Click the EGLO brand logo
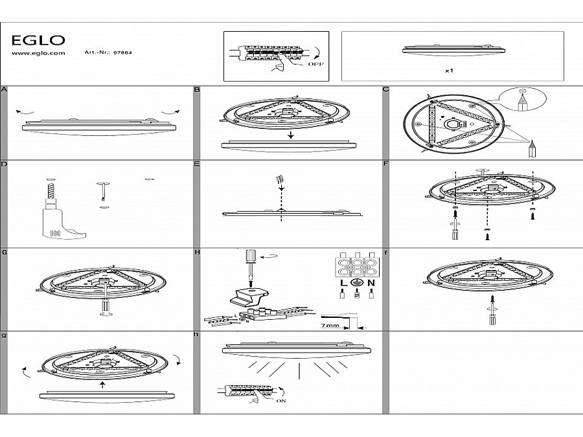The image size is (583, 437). point(38,40)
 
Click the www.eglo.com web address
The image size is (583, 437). point(38,53)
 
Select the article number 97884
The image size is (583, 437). point(122,52)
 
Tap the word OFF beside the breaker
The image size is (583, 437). point(315,64)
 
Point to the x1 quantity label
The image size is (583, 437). point(449,70)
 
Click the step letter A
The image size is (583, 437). point(4,89)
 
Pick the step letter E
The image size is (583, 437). point(197,164)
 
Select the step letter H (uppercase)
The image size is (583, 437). point(197,252)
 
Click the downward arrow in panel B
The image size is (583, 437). point(291,135)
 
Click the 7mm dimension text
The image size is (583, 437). point(330,325)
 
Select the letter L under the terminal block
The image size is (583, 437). point(343,283)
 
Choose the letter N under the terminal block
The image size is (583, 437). point(371,283)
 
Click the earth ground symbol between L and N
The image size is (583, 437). point(356,282)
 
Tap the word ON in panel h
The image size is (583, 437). point(281,401)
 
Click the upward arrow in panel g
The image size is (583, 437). point(102,385)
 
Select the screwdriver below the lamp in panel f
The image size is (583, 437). point(493,310)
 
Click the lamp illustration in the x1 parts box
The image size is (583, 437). point(453,50)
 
